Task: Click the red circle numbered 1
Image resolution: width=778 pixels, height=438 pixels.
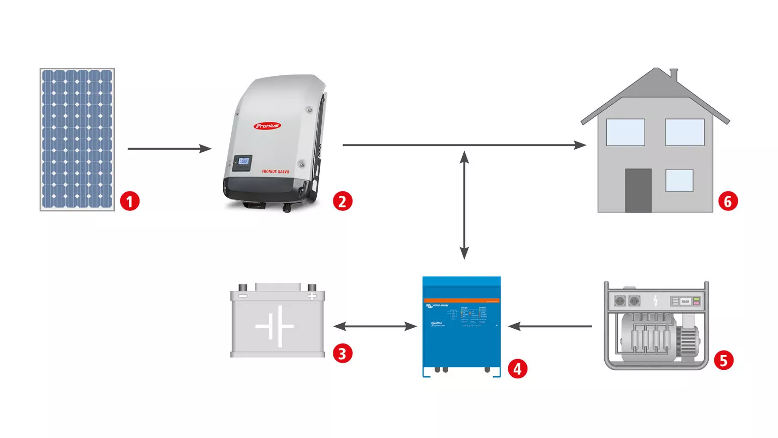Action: click(x=130, y=201)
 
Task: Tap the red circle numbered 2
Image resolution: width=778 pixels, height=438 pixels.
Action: click(x=343, y=201)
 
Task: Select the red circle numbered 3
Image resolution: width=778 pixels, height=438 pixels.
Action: click(x=343, y=354)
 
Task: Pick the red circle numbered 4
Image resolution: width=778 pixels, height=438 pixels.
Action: click(x=517, y=369)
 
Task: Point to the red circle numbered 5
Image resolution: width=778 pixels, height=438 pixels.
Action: click(x=723, y=360)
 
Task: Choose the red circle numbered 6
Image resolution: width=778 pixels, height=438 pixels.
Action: click(x=728, y=201)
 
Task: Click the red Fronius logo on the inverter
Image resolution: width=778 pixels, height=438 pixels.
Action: click(x=267, y=125)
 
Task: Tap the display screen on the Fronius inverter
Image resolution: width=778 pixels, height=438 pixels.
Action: click(x=244, y=161)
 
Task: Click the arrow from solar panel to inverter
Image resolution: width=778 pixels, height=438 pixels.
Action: click(x=169, y=149)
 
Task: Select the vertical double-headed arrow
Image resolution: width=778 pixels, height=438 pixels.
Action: click(x=464, y=205)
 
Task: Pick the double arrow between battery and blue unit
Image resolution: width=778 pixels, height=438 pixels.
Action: click(x=375, y=326)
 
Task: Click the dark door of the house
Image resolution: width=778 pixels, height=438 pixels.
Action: click(x=638, y=190)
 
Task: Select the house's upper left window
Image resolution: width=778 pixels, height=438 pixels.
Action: click(x=625, y=133)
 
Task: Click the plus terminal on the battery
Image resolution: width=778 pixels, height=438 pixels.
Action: click(x=312, y=296)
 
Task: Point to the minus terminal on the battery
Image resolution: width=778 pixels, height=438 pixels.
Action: click(x=243, y=296)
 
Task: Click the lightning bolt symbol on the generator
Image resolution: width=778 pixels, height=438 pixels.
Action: click(x=656, y=301)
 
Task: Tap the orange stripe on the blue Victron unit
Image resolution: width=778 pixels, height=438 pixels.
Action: click(x=461, y=300)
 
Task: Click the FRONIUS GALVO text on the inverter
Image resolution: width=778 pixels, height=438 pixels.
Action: click(x=275, y=171)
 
